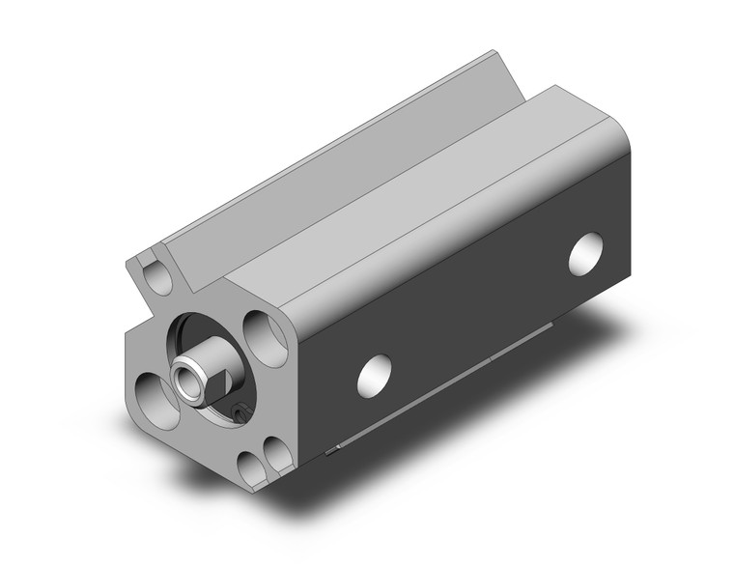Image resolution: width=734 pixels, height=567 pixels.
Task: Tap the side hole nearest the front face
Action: [x=375, y=374]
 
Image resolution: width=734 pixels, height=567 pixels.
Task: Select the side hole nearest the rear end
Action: [x=585, y=253]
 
